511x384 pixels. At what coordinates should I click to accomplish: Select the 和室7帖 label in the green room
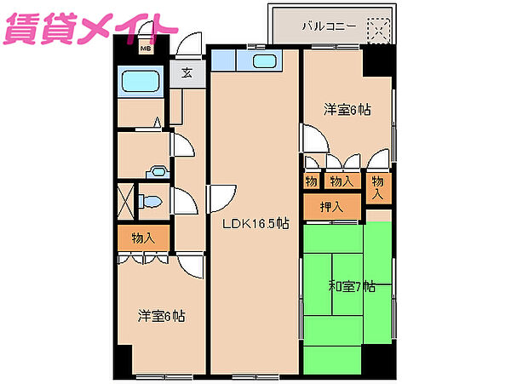[x=352, y=287]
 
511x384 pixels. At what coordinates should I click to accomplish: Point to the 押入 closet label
[x=332, y=207]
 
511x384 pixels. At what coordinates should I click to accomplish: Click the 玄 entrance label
[x=186, y=72]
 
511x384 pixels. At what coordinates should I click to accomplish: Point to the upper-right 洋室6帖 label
[x=347, y=109]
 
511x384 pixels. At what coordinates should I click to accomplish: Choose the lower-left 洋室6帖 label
[x=162, y=316]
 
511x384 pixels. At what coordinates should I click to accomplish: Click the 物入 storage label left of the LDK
[x=144, y=238]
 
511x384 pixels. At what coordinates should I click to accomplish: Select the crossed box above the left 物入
[x=126, y=201]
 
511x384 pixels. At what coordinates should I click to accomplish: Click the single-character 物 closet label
[x=311, y=181]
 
